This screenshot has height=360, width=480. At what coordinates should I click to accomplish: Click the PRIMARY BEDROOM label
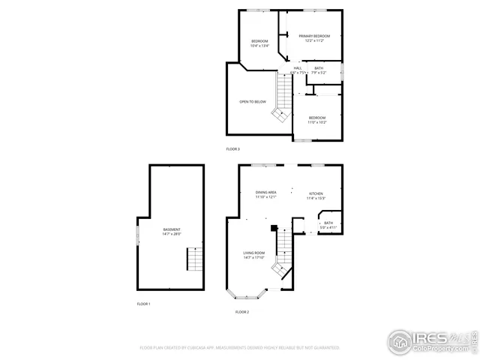pyautogui.click(x=314, y=36)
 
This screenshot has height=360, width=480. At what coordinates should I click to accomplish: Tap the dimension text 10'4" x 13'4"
pyautogui.click(x=259, y=46)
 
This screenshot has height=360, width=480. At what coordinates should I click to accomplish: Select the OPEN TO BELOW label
pyautogui.click(x=253, y=101)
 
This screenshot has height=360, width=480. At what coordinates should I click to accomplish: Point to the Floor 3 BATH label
pyautogui.click(x=319, y=67)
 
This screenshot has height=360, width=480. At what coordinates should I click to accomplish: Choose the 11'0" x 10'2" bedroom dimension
pyautogui.click(x=317, y=121)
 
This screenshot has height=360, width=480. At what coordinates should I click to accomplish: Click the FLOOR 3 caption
pyautogui.click(x=233, y=149)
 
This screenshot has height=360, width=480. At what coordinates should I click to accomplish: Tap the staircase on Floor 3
pyautogui.click(x=282, y=100)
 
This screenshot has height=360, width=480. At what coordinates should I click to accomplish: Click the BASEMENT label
pyautogui.click(x=172, y=229)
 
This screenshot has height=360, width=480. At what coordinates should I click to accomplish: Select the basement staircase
pyautogui.click(x=194, y=259)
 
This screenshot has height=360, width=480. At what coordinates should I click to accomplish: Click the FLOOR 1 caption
pyautogui.click(x=143, y=304)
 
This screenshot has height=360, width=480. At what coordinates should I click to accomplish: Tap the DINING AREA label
pyautogui.click(x=266, y=193)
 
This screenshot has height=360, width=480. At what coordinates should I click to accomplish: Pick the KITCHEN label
pyautogui.click(x=316, y=193)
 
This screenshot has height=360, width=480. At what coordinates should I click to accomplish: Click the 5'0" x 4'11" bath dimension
pyautogui.click(x=328, y=226)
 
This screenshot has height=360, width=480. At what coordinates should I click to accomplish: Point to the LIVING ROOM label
pyautogui.click(x=253, y=253)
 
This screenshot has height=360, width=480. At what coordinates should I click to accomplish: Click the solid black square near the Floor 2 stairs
pyautogui.click(x=274, y=227)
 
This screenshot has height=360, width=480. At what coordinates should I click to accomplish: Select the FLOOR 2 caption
pyautogui.click(x=241, y=311)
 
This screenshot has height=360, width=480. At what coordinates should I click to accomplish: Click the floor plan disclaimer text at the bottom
pyautogui.click(x=240, y=348)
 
